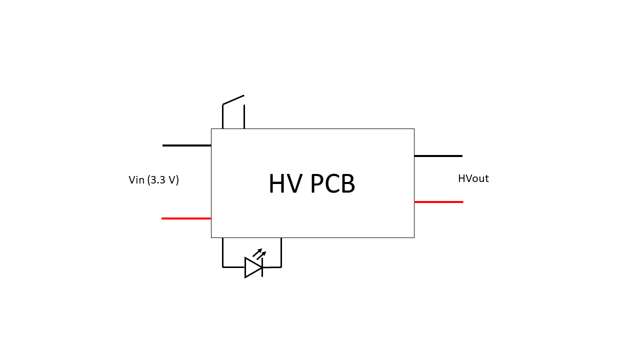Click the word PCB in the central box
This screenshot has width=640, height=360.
pos(332,184)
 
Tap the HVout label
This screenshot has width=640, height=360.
pos(473,178)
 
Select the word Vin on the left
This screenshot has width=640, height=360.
pos(136,180)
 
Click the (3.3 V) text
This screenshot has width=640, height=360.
pos(163,180)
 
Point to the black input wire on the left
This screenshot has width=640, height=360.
pos(186,145)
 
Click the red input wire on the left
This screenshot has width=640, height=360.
pos(186,218)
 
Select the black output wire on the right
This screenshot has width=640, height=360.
pos(438,156)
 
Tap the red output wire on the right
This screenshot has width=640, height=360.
pos(438,202)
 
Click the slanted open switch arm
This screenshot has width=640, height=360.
pos(233,99)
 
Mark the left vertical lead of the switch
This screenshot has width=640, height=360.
pos(222,116)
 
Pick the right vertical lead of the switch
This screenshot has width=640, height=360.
pos(244,116)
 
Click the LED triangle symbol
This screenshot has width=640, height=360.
pos(252,267)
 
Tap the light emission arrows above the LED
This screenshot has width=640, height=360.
pos(259,253)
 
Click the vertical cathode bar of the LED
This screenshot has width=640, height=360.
pos(262,267)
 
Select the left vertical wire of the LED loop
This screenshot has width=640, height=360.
pos(222,252)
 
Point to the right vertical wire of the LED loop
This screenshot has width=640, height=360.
pos(281,252)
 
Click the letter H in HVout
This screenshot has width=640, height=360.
pos(461,178)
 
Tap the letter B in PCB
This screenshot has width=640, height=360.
pos(347,184)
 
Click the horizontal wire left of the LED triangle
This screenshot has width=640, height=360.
pos(233,267)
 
